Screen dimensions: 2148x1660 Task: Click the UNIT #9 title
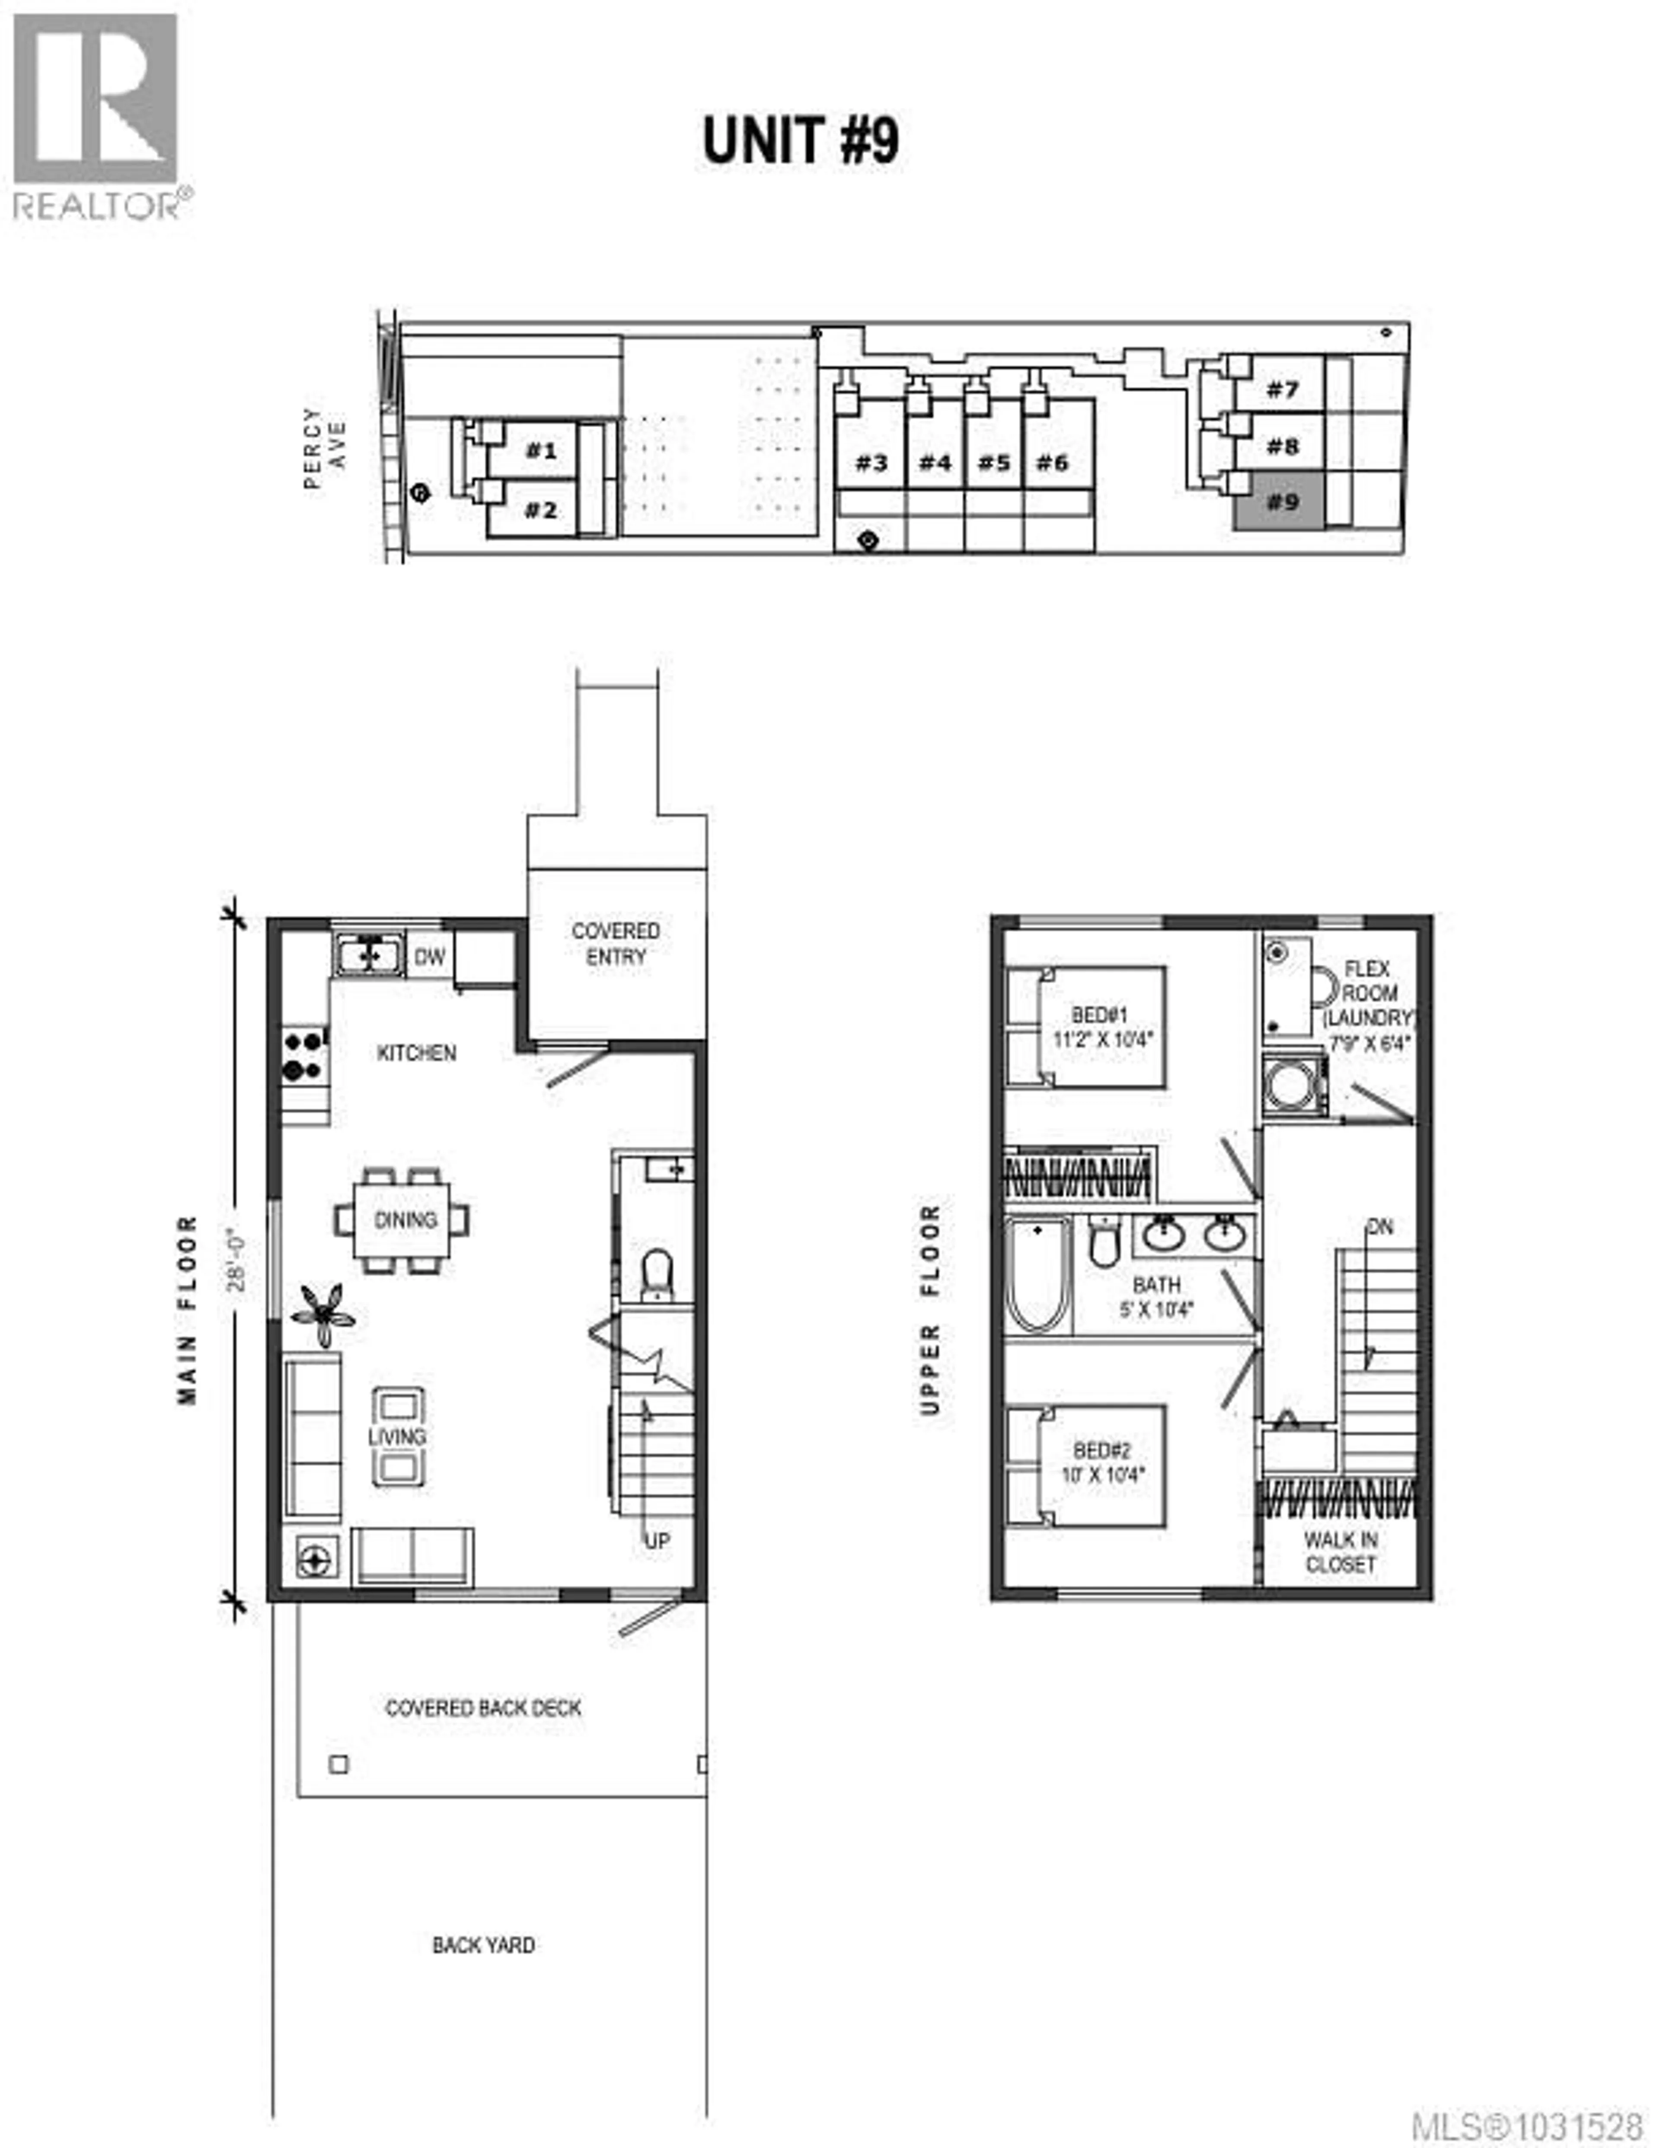(801, 140)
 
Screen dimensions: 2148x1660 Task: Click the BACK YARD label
(483, 1945)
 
